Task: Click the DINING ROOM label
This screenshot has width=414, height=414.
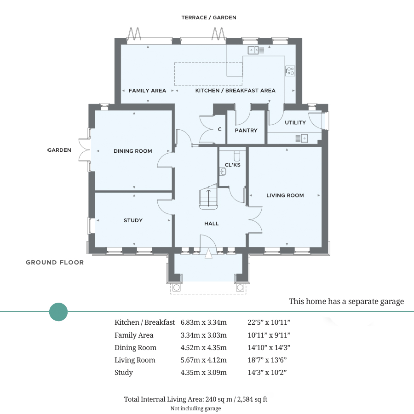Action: pyautogui.click(x=133, y=151)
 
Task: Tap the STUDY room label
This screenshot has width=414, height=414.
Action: pyautogui.click(x=133, y=220)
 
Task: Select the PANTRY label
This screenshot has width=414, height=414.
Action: pyautogui.click(x=246, y=131)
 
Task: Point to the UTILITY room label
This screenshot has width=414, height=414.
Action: pyautogui.click(x=295, y=122)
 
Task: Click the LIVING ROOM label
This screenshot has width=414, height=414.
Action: pyautogui.click(x=285, y=195)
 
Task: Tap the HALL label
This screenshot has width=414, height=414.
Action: pyautogui.click(x=212, y=224)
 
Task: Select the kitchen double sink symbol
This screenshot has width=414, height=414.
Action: pyautogui.click(x=256, y=50)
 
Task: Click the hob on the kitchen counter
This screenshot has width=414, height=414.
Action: pyautogui.click(x=290, y=71)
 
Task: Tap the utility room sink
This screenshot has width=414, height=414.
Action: pyautogui.click(x=302, y=138)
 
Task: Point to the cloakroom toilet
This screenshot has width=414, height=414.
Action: pyautogui.click(x=237, y=156)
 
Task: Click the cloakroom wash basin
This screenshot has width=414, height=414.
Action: pyautogui.click(x=223, y=172)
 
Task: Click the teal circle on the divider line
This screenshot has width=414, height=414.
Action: pyautogui.click(x=58, y=312)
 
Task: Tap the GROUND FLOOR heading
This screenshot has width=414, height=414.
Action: pyautogui.click(x=55, y=263)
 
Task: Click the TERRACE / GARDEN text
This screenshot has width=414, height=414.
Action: pyautogui.click(x=209, y=17)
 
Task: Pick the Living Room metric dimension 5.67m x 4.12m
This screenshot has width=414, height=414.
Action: pyautogui.click(x=204, y=360)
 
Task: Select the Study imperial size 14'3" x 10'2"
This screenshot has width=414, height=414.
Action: pyautogui.click(x=267, y=372)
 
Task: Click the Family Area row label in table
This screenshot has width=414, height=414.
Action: pyautogui.click(x=134, y=335)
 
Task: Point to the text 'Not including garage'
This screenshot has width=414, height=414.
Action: pyautogui.click(x=195, y=408)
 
